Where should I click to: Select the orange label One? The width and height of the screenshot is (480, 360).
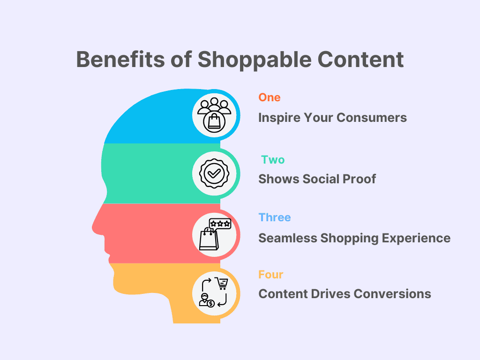click(x=270, y=97)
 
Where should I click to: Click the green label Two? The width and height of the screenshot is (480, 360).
click(x=273, y=160)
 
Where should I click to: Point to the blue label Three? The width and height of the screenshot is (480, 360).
click(x=275, y=217)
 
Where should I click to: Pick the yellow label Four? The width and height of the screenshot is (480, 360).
click(x=271, y=274)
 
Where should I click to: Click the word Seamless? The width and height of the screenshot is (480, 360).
click(x=288, y=238)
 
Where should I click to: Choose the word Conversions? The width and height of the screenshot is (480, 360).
click(x=393, y=294)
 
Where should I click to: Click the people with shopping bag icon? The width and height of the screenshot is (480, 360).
click(x=213, y=114)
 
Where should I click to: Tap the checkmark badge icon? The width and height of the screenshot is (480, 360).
click(x=213, y=173)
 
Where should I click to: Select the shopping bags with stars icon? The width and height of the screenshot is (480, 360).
click(x=213, y=233)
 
